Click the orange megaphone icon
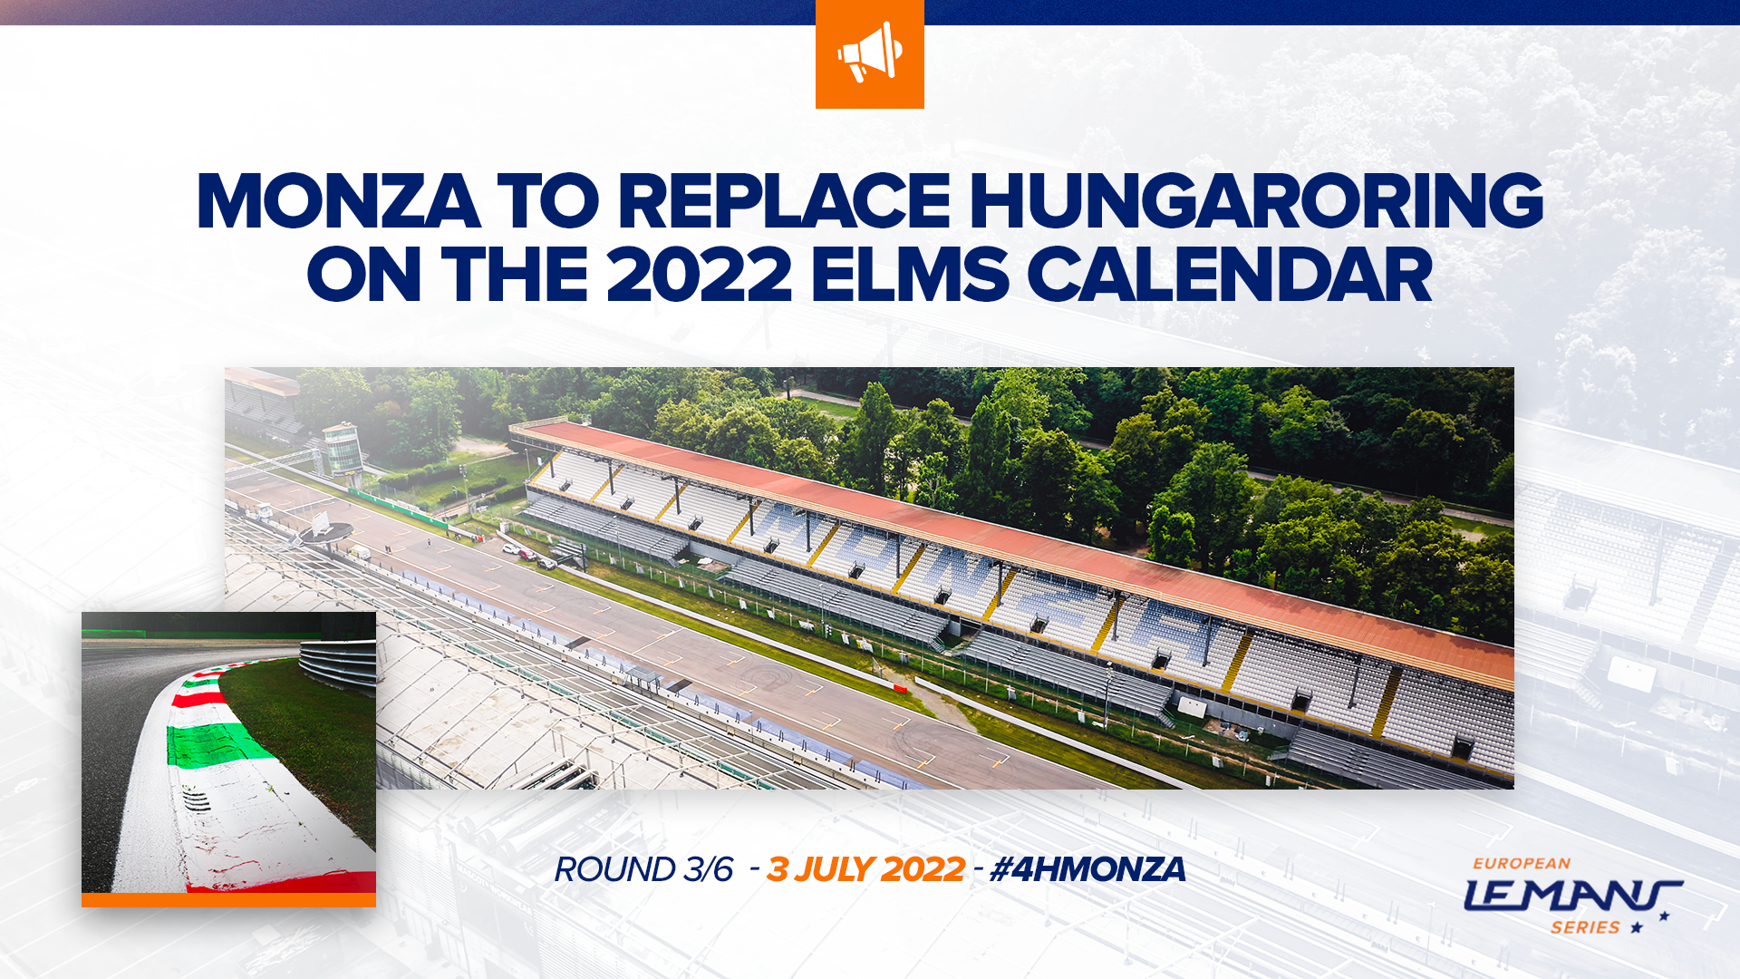coord(870,53)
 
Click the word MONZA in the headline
coord(338,201)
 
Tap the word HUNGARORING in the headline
coord(1256,201)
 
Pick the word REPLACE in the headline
coord(784,201)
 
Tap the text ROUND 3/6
coord(643,869)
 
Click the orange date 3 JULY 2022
coord(865,869)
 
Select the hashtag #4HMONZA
coord(1087,869)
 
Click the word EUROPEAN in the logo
coord(1522,864)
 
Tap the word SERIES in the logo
coord(1585,927)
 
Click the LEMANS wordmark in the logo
coord(1573,896)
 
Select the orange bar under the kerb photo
coord(228,900)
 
